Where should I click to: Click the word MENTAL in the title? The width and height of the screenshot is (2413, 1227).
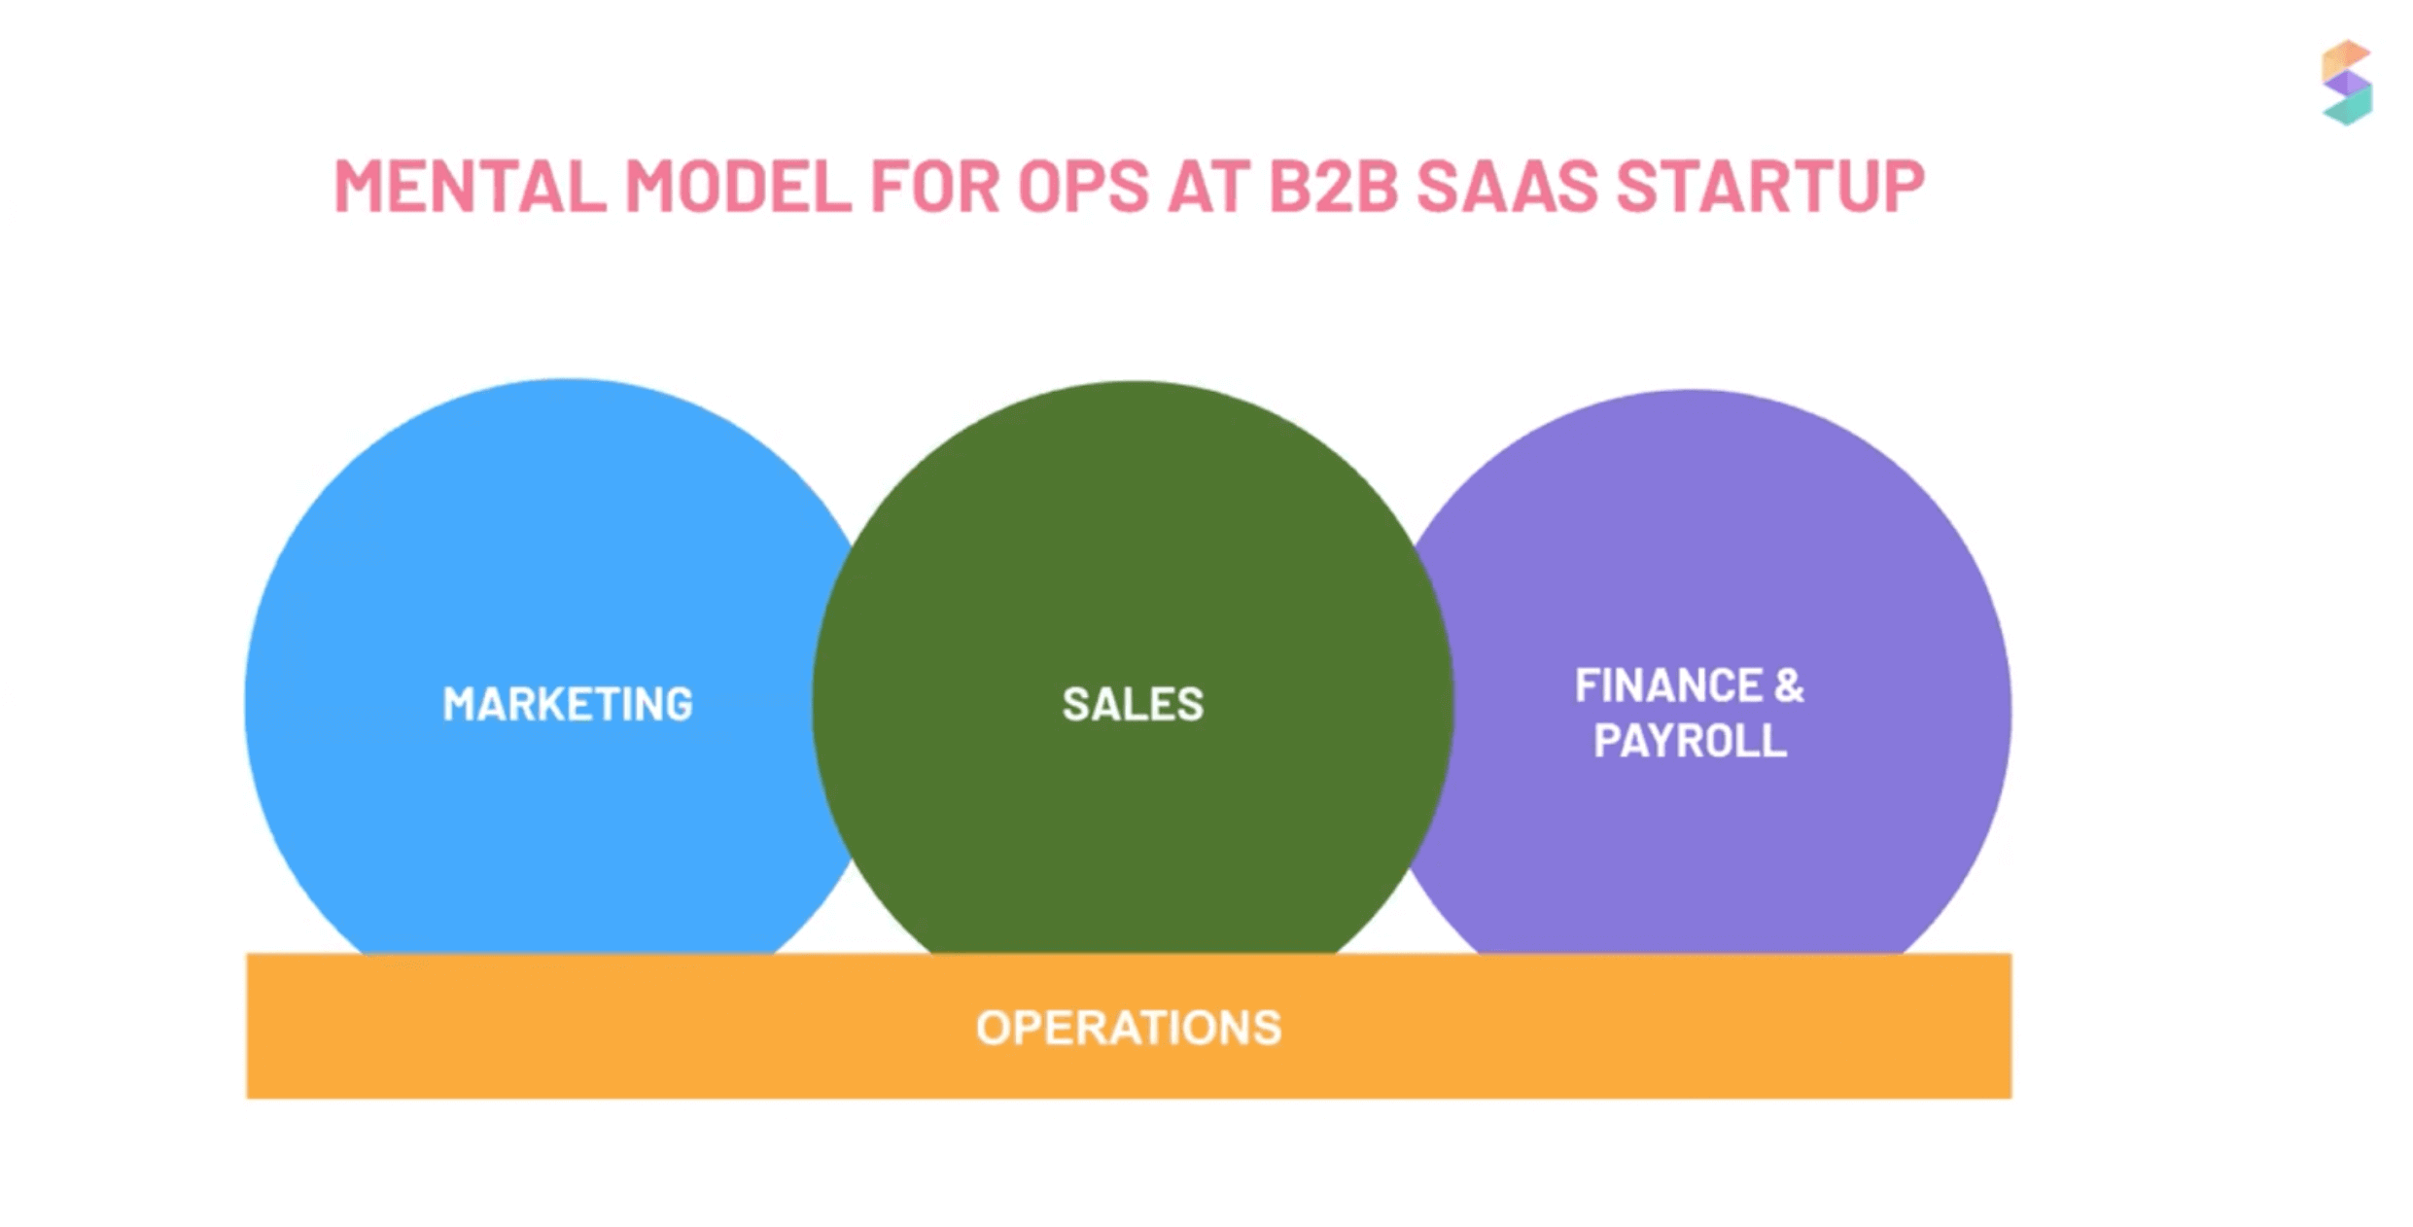coord(471,186)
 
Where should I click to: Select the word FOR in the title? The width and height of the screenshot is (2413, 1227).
coord(934,186)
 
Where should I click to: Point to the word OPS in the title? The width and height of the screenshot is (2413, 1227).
coord(1083,186)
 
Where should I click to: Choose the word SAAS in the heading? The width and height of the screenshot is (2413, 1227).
coord(1506,186)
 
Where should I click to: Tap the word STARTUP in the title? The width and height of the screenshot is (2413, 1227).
coord(1769,186)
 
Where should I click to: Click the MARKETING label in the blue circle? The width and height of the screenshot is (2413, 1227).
coord(568,704)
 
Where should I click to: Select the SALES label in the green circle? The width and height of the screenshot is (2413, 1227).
coord(1133,704)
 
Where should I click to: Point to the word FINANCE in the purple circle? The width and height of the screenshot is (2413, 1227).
coord(1667,685)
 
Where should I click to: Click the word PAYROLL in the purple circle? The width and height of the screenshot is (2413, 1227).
coord(1690,741)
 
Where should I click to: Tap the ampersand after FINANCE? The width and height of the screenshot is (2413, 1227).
coord(1789,685)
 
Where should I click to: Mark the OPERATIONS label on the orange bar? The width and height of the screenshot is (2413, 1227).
coord(1129,1028)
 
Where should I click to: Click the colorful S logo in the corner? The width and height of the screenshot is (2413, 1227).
coord(2347,83)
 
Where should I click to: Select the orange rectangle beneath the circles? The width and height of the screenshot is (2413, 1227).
coord(1129,1026)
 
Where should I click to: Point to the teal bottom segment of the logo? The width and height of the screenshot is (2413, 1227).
coord(2349,108)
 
